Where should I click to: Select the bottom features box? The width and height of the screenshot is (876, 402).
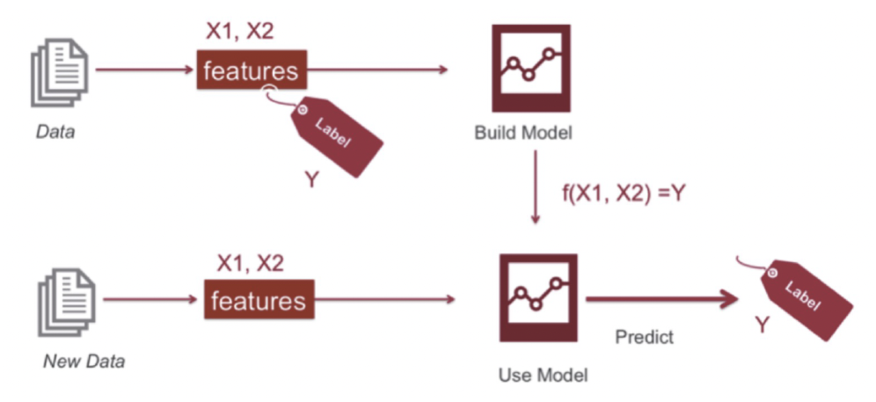tap(258, 301)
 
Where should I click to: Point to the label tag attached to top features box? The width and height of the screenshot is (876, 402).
tap(337, 134)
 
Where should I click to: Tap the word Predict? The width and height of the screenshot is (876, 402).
tap(644, 337)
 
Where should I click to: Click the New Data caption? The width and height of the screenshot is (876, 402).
tap(84, 361)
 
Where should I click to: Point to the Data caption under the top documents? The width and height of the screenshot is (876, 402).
tap(55, 134)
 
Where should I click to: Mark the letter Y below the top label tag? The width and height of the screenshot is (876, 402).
tap(311, 179)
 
